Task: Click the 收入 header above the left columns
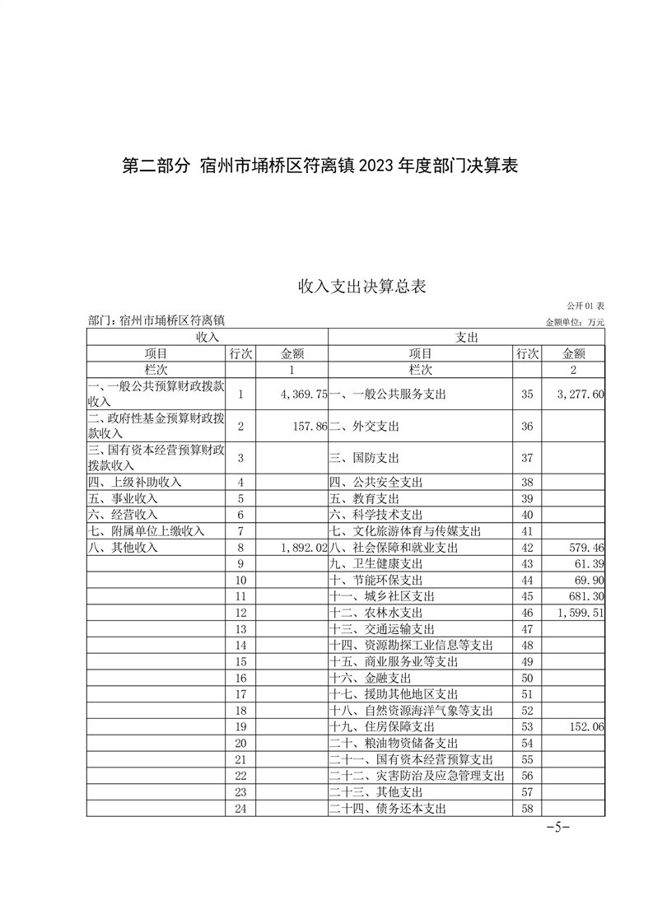coord(207,337)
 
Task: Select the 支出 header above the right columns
coord(467,337)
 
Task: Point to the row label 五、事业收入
coord(123,498)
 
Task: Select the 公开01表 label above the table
coord(585,306)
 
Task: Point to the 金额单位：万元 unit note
coord(574,322)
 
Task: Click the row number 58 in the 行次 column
coord(528,809)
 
